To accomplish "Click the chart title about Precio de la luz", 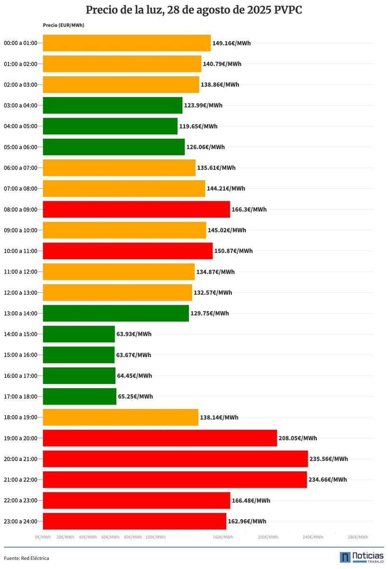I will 194,10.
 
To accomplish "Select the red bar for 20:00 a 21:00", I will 175,459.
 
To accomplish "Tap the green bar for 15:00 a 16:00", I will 79,355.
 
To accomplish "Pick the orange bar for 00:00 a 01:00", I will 126,43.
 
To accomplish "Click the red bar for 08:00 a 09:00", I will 136,209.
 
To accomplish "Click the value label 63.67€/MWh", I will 134,355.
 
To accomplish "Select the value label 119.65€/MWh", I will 198,126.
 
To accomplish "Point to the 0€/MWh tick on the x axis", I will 43,537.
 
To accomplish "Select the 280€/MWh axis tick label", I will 358,537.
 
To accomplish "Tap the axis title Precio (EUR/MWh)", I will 63,25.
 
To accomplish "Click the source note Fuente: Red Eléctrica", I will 26,558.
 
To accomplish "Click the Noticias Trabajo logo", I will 361,557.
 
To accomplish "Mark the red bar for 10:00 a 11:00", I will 128,251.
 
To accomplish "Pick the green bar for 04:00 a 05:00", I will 110,126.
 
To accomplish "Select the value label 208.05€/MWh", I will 298,438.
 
